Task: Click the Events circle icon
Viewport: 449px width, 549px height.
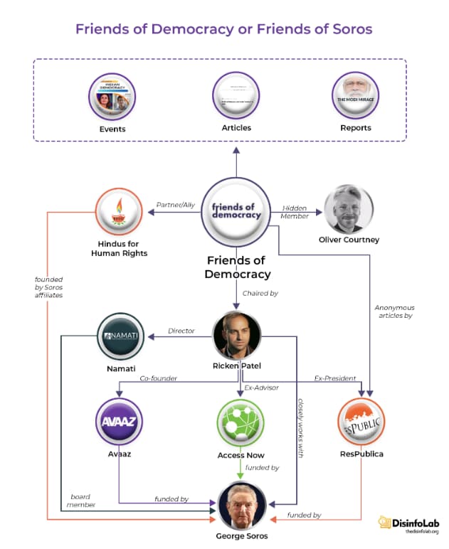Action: (112, 97)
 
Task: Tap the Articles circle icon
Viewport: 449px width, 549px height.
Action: (235, 97)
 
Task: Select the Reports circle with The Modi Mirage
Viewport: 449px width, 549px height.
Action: (356, 96)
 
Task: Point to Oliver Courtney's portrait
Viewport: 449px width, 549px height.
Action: (349, 210)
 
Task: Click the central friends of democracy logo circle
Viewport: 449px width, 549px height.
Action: (236, 211)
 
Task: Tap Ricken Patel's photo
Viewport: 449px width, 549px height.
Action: (237, 335)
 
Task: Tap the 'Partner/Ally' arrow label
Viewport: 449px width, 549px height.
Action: (175, 205)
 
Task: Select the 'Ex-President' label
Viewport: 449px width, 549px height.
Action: (334, 378)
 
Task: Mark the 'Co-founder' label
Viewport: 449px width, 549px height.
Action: (159, 378)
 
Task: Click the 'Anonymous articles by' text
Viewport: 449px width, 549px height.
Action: (393, 311)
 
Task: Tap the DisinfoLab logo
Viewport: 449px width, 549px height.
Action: (408, 523)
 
